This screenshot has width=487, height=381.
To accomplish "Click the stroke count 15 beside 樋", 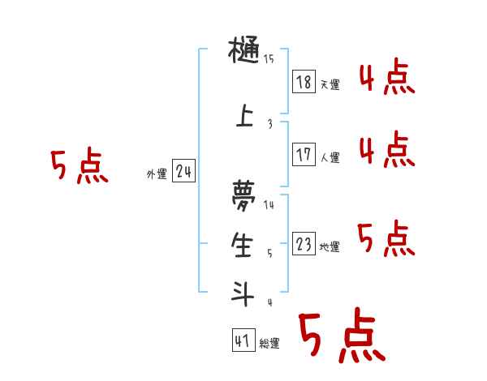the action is tap(269, 58).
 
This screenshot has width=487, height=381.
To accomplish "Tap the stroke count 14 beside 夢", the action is tap(269, 205).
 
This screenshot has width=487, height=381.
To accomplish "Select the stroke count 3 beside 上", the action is tap(269, 124).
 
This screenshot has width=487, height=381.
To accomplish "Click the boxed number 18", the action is tap(304, 83).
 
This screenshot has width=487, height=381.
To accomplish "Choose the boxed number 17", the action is tap(304, 155).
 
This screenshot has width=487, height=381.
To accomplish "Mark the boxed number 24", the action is tap(183, 172).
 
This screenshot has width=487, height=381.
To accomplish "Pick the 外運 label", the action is tap(157, 174).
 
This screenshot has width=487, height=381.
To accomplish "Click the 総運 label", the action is tap(269, 344).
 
